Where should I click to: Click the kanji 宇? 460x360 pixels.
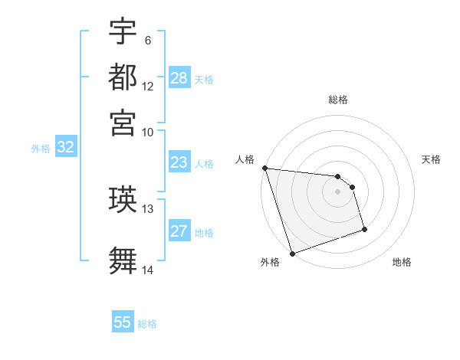pos(123,32)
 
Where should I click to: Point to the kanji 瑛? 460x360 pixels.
pos(123,200)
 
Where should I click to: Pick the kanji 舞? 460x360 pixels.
pos(123,259)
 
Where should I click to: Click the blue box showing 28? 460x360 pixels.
pos(179,77)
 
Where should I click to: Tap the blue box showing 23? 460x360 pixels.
pos(179,162)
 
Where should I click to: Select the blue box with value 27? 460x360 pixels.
pos(179,231)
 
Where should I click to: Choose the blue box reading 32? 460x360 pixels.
pos(65,148)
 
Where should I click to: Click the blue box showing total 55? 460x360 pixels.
pos(123,322)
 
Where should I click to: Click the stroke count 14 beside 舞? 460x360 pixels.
pos(148,270)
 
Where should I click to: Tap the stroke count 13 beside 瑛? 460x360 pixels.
pos(148,208)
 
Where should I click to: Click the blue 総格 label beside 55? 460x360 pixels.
pos(148,324)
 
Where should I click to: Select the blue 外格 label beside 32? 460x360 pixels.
pos(41,149)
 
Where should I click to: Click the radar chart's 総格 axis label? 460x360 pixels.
pos(338,100)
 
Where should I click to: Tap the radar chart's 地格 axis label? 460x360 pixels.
pos(402,262)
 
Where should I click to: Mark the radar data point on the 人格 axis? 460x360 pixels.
pos(264,168)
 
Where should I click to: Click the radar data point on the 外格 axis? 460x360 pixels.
pos(293,253)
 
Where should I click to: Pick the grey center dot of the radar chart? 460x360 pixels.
pos(338,191)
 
